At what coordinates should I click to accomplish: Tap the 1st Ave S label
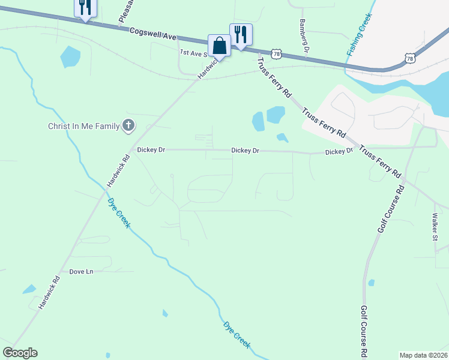click(x=193, y=53)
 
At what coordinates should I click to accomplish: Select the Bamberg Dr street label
click(x=303, y=35)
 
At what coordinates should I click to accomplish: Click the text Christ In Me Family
click(x=83, y=126)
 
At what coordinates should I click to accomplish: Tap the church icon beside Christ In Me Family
click(x=128, y=126)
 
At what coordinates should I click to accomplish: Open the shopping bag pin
click(x=218, y=46)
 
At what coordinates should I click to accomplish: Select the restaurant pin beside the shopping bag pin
click(x=240, y=34)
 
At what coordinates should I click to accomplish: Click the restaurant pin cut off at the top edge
click(x=85, y=8)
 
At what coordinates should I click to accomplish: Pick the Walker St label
click(x=435, y=229)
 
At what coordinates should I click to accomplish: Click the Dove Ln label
click(x=81, y=272)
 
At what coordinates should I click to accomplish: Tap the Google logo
click(x=20, y=353)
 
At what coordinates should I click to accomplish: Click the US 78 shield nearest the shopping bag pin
click(x=276, y=54)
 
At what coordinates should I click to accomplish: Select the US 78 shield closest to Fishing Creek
click(x=409, y=58)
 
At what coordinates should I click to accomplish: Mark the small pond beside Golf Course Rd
click(x=372, y=283)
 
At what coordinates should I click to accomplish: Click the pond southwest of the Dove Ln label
click(x=29, y=289)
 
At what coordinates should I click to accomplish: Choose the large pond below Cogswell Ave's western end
click(x=70, y=57)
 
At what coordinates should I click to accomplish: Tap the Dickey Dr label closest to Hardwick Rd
click(x=151, y=150)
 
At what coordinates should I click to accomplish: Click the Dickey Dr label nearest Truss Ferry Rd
click(x=339, y=152)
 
